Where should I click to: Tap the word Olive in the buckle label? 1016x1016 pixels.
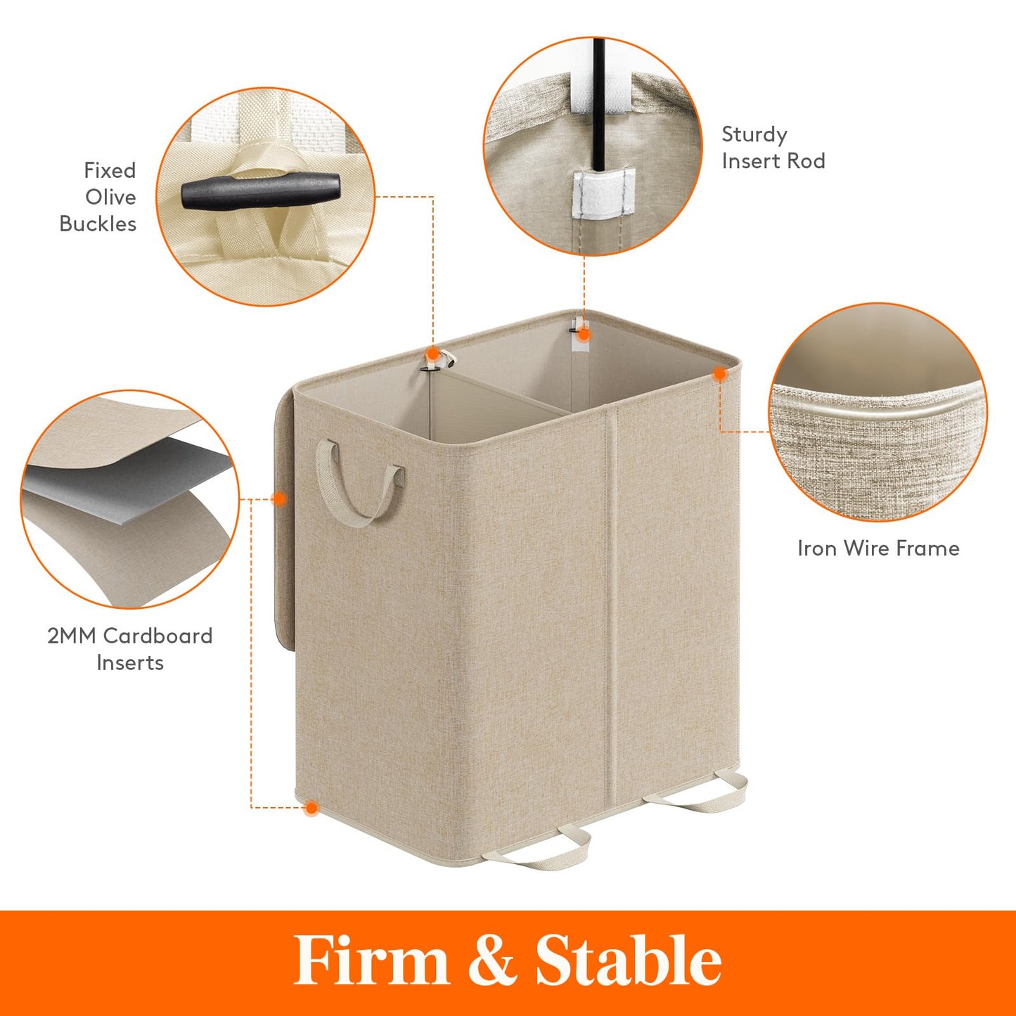110,197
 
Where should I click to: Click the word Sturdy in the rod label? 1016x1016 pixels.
754,134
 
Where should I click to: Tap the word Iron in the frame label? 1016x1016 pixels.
816,548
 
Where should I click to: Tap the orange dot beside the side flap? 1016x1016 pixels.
279,499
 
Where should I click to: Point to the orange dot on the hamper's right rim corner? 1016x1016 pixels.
719,375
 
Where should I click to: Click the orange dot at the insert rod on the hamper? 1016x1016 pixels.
584,335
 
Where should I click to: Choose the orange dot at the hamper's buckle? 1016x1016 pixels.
433,354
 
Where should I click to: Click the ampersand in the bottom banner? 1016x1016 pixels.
491,960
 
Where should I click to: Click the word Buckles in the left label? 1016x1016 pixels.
98,224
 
